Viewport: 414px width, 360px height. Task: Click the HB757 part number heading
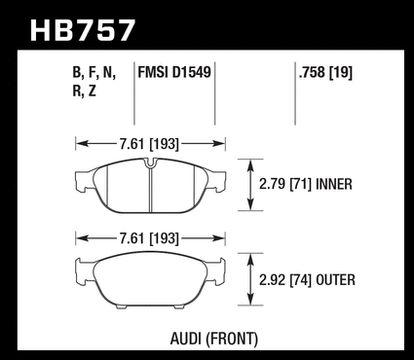click(x=82, y=30)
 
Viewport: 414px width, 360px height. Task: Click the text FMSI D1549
click(x=174, y=72)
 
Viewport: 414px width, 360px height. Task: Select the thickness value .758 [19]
click(x=325, y=72)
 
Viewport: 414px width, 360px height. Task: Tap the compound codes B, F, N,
click(x=94, y=73)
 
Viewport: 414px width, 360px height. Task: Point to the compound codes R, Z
click(x=84, y=91)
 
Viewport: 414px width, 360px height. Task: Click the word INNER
click(x=334, y=184)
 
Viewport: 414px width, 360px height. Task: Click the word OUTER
click(x=335, y=280)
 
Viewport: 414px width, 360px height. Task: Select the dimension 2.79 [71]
click(x=285, y=184)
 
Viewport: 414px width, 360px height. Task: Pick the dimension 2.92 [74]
click(x=285, y=280)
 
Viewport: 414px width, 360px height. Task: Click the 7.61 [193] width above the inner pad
click(x=149, y=144)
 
